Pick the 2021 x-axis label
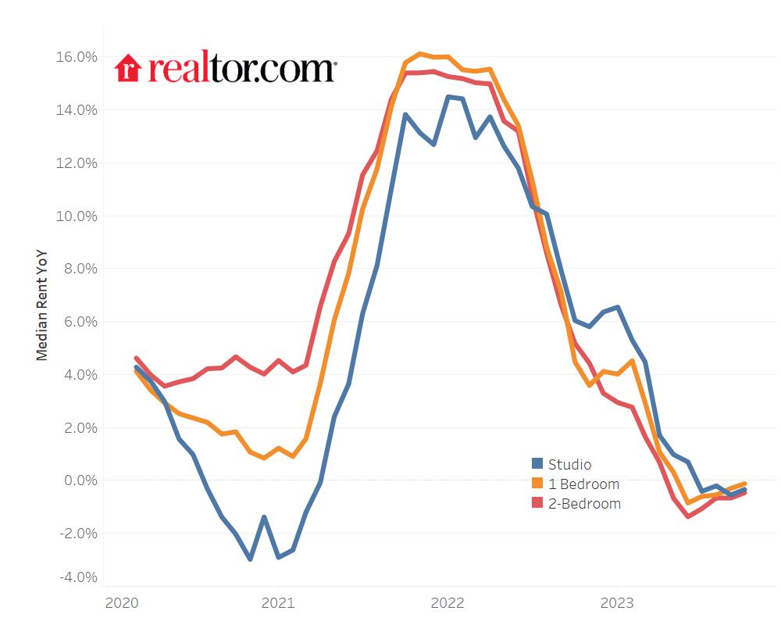click(x=277, y=603)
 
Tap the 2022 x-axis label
click(x=447, y=603)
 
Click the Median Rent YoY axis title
click(x=42, y=305)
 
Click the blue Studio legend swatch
click(x=537, y=464)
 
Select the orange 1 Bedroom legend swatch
click(x=537, y=484)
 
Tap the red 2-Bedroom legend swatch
click(x=537, y=503)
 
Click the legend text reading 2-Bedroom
click(x=584, y=504)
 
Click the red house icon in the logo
click(x=127, y=68)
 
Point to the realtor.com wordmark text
click(x=241, y=68)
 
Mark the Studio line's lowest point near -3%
click(x=250, y=559)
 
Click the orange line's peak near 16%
click(x=419, y=54)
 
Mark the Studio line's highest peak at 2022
click(x=448, y=97)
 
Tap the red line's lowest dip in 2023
click(x=687, y=516)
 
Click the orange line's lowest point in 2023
click(x=687, y=502)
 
